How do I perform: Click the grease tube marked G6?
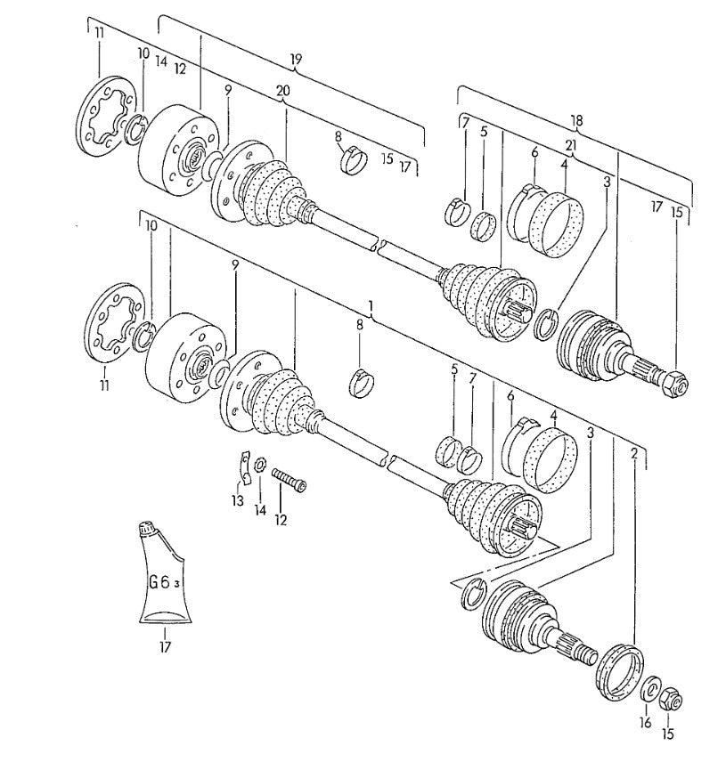(164, 579)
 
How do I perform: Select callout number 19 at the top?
(297, 60)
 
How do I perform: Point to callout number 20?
(283, 91)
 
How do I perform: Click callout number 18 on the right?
(576, 120)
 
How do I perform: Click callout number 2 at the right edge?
(633, 453)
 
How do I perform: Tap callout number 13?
(237, 501)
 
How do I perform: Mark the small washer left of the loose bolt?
(259, 465)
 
